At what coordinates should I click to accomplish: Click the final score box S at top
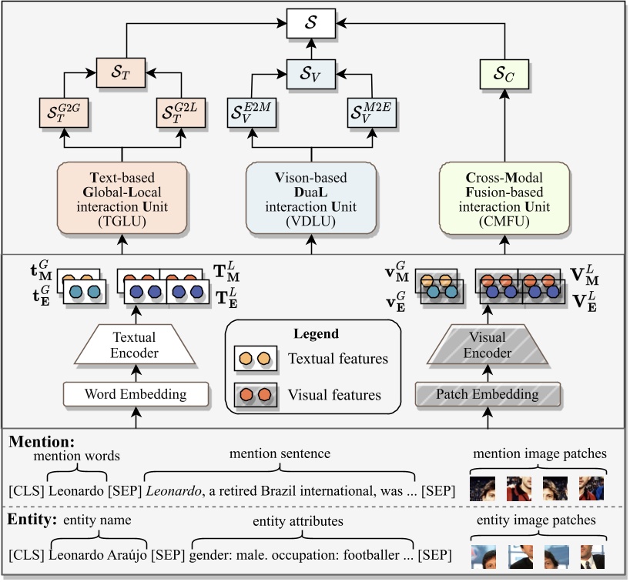[x=312, y=22]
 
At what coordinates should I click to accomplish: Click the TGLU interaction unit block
[x=122, y=197]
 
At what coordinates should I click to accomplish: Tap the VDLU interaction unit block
[x=312, y=197]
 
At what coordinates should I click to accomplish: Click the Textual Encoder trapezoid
[x=136, y=345]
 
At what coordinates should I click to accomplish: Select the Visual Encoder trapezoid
[x=488, y=345]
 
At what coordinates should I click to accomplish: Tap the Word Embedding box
[x=136, y=395]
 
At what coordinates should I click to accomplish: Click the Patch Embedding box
[x=488, y=395]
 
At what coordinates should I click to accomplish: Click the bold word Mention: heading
[x=41, y=443]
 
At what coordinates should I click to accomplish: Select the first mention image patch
[x=482, y=489]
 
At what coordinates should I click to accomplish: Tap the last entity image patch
[x=593, y=556]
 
